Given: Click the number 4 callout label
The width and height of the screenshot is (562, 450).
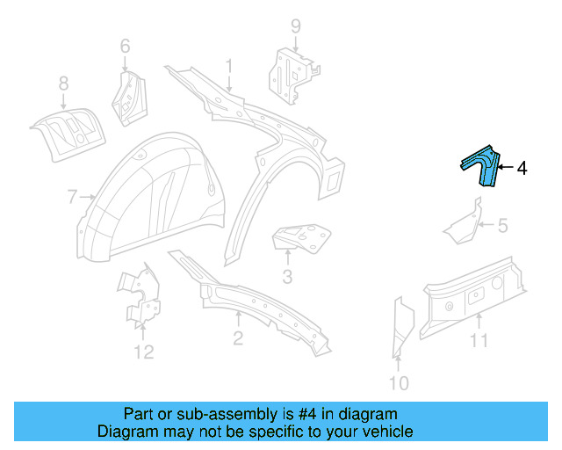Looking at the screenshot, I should tap(522, 167).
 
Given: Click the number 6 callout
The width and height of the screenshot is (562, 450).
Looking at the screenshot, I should tap(125, 46).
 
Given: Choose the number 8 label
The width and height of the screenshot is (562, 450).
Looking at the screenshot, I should tap(63, 83).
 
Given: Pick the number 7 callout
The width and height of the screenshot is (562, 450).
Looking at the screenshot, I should tap(72, 197).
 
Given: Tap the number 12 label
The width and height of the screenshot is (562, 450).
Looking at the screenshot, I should tap(143, 352).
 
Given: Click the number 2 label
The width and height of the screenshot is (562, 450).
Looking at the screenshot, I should tap(238, 339).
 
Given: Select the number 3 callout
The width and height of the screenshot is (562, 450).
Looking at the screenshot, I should tap(287, 279).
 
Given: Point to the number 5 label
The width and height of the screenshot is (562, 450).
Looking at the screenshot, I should tap(502, 226).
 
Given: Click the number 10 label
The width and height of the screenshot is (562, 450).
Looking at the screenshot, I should tap(399, 382).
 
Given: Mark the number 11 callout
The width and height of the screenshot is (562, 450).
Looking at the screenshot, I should tap(478, 340).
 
